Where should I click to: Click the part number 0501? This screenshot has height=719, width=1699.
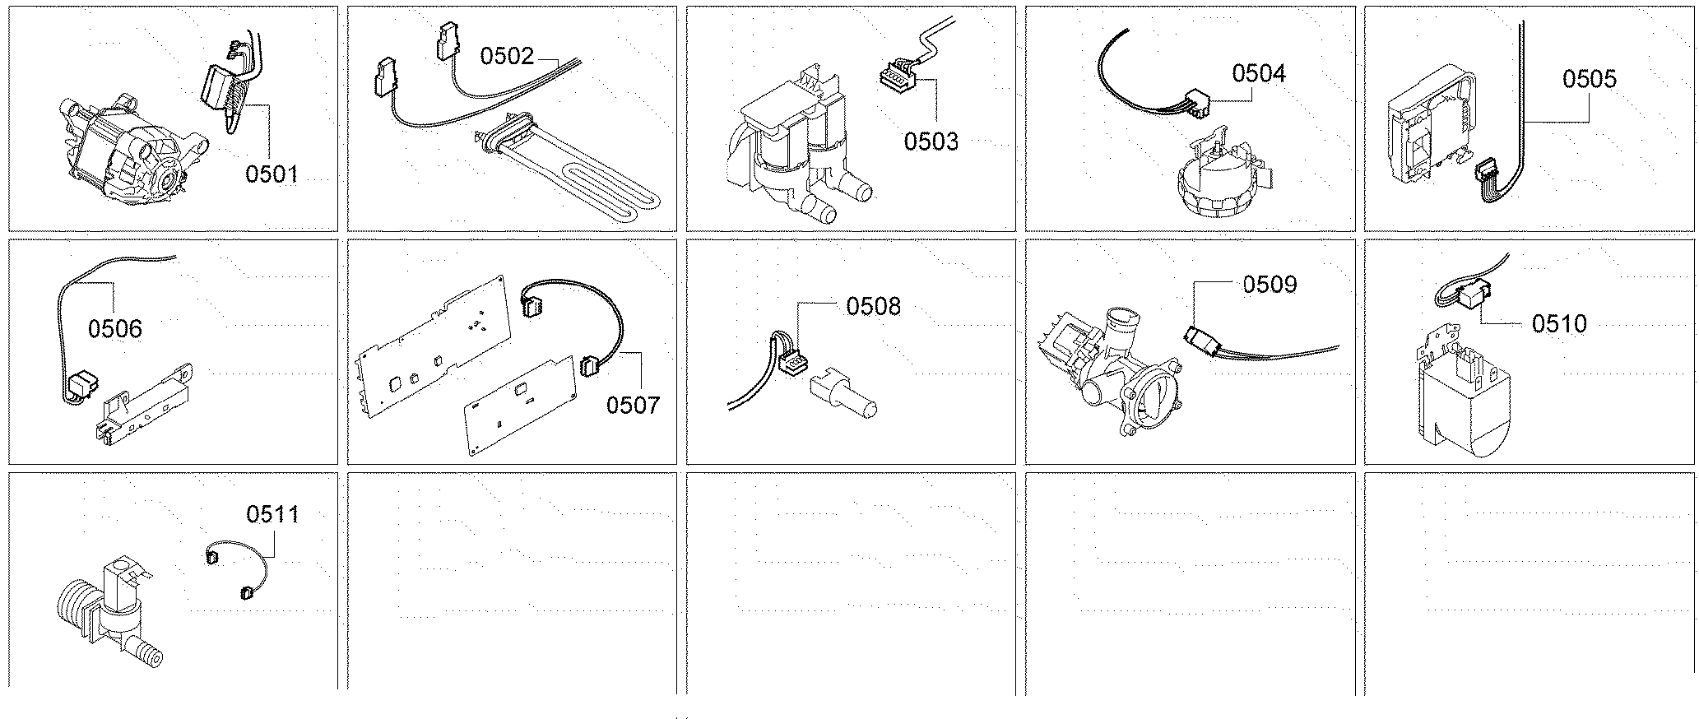(272, 174)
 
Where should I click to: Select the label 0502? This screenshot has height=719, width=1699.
(507, 56)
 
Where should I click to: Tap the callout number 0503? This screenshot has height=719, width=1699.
(931, 141)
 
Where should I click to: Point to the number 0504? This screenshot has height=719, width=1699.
(1259, 74)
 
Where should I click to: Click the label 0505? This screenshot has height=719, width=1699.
(1590, 79)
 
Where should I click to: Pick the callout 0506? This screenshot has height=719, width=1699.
(115, 329)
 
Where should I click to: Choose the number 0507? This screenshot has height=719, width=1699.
(634, 405)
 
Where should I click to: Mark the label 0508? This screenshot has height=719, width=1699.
(874, 306)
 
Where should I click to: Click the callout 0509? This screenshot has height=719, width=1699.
(1270, 285)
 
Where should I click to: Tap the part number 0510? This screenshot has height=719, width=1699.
(1559, 324)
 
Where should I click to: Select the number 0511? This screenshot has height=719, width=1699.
(273, 515)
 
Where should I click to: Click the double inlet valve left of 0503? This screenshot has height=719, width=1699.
(790, 165)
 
